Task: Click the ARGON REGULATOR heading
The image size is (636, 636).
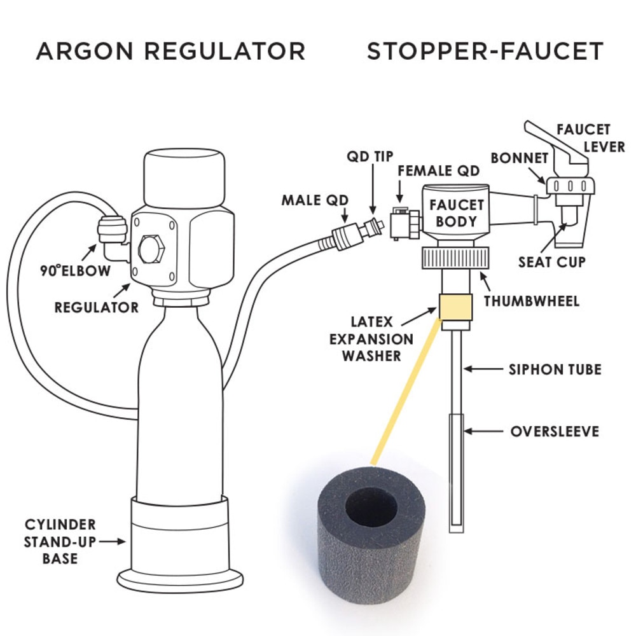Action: [x=170, y=51]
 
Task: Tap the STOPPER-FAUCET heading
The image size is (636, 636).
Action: [x=485, y=51]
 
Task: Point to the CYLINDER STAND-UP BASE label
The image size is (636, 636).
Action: [x=60, y=542]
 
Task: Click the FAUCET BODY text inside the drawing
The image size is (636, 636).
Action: [x=457, y=213]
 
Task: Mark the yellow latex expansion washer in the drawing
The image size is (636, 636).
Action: [x=455, y=307]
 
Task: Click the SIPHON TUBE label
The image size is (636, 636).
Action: [x=555, y=369]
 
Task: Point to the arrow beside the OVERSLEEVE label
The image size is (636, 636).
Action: [x=483, y=432]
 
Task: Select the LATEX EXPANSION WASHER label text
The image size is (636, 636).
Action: [x=371, y=339]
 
